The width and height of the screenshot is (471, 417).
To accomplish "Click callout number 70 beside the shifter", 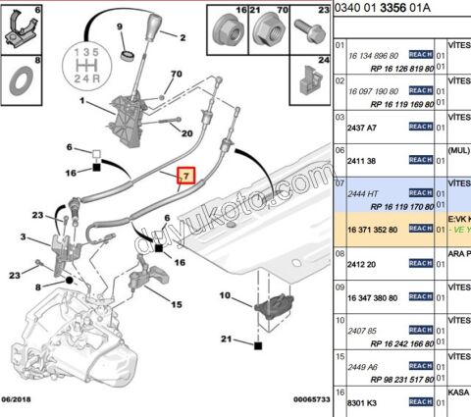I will click(176, 75).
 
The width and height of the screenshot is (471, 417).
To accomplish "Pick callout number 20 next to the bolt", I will click(185, 131).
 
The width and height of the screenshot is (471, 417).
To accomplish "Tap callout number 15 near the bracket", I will click(176, 304).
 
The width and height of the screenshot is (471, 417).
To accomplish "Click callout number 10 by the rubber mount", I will click(225, 295).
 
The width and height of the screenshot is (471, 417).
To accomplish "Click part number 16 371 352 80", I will click(373, 230).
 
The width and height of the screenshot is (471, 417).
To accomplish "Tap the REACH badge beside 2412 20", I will click(420, 264).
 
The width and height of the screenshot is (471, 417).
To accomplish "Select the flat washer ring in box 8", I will click(20, 76).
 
